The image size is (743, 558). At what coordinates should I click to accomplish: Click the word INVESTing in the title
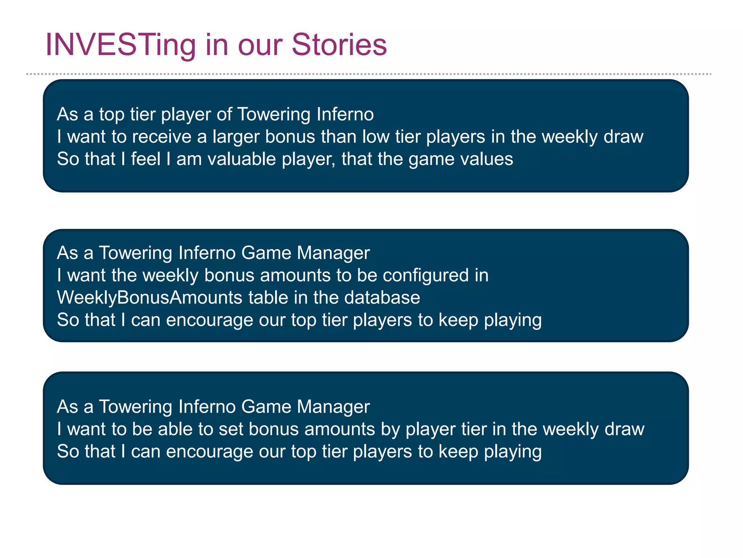click(120, 45)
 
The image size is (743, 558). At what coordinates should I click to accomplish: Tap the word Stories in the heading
click(339, 45)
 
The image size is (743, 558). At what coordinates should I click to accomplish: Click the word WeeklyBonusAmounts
click(149, 298)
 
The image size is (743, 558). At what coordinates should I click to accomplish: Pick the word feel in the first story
click(145, 159)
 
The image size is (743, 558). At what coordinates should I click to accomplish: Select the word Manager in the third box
click(333, 407)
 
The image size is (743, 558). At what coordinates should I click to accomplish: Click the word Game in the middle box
click(266, 253)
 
